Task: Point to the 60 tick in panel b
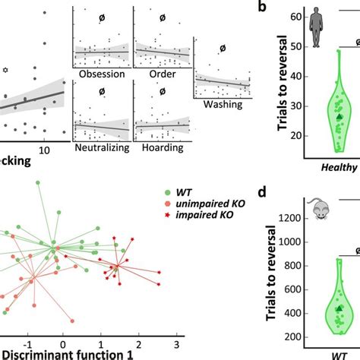(x=297, y=17)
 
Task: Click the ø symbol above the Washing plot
(x=222, y=49)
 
